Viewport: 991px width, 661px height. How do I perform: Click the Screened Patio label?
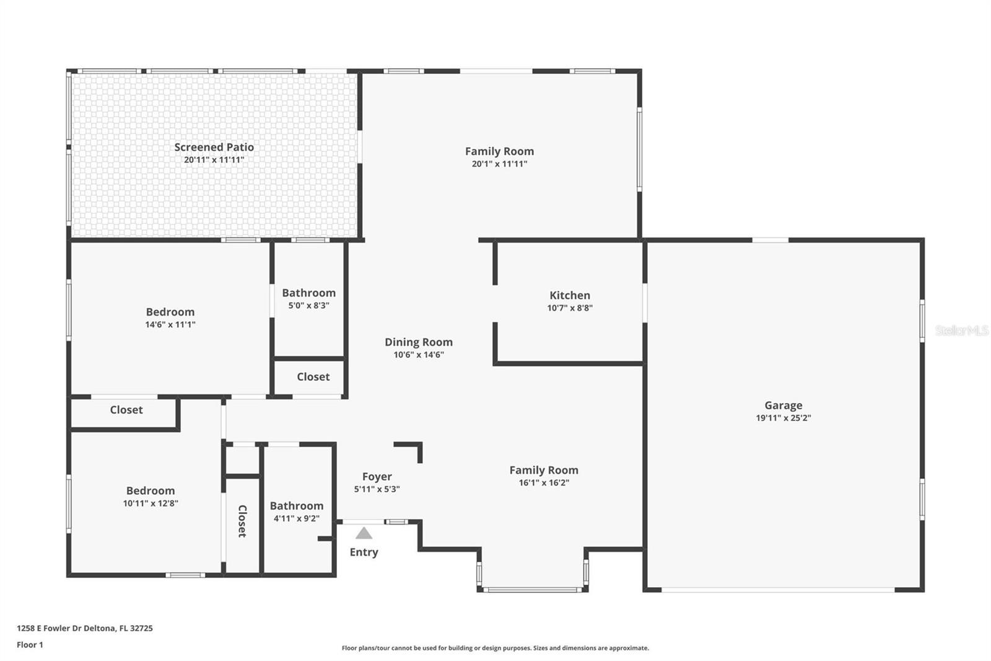[214, 147]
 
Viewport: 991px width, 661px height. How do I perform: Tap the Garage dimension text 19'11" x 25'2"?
[783, 418]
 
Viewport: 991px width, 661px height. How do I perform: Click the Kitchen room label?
[569, 295]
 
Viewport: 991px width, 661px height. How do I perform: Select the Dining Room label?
[418, 342]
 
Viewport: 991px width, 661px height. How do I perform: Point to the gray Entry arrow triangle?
[364, 533]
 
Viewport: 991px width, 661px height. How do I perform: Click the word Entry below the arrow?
[364, 552]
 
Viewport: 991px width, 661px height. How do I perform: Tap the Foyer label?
[377, 476]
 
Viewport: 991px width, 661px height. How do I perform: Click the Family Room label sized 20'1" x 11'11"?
[499, 151]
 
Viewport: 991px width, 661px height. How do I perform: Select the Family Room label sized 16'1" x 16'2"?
[543, 470]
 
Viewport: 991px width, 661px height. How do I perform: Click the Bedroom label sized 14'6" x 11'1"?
[170, 312]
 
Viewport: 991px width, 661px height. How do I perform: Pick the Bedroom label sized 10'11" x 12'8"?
[150, 490]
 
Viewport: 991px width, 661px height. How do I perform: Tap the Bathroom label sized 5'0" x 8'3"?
[308, 293]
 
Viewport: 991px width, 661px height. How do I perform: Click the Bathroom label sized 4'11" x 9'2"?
[296, 505]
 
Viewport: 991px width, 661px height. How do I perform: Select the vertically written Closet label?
[242, 521]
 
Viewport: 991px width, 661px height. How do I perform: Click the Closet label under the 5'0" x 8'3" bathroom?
[313, 376]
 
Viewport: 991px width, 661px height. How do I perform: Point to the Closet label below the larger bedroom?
[126, 410]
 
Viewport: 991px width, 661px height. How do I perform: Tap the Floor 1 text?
[30, 645]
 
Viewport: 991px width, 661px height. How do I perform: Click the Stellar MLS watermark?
[961, 331]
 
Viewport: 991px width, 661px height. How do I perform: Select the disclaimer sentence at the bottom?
[495, 648]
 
